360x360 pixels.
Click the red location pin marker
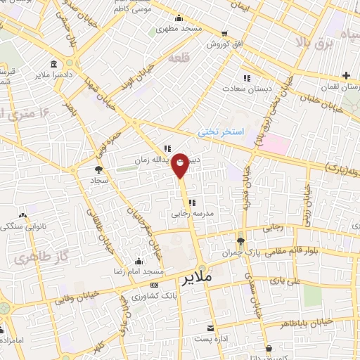(181, 165)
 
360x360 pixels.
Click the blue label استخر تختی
(220, 131)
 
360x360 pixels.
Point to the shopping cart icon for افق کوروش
(224, 33)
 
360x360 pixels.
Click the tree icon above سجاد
(98, 169)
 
